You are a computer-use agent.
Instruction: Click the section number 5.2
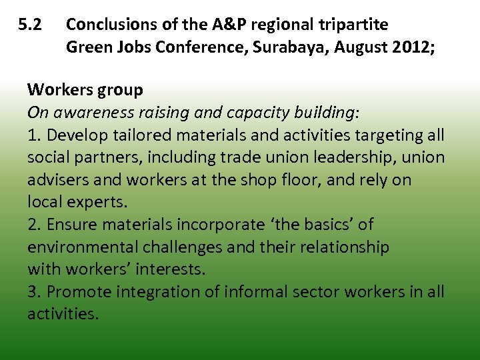30,25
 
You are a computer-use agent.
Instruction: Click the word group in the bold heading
123,90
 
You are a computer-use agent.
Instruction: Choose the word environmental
82,247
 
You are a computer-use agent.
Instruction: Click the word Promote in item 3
79,292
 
